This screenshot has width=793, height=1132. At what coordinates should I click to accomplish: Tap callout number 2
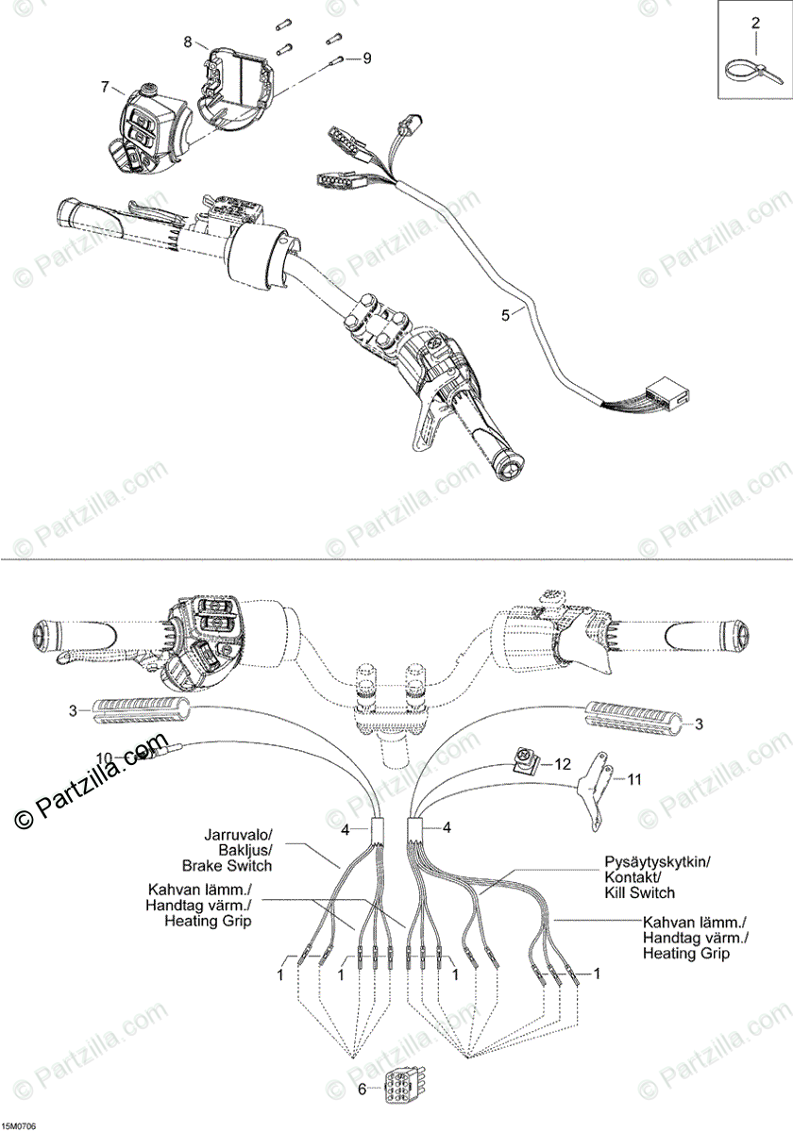(x=754, y=22)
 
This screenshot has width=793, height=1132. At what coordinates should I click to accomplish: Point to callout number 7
(x=106, y=87)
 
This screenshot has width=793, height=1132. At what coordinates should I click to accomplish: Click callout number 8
(x=188, y=42)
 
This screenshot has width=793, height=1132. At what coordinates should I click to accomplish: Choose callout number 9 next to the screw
(x=366, y=58)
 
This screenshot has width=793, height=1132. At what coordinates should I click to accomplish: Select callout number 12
(x=564, y=763)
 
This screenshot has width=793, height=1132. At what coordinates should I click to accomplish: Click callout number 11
(x=634, y=779)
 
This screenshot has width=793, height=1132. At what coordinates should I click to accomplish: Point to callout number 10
(x=104, y=757)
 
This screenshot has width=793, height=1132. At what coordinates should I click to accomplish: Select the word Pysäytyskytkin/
(x=658, y=862)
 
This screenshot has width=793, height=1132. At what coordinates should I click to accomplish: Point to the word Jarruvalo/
(x=237, y=835)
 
